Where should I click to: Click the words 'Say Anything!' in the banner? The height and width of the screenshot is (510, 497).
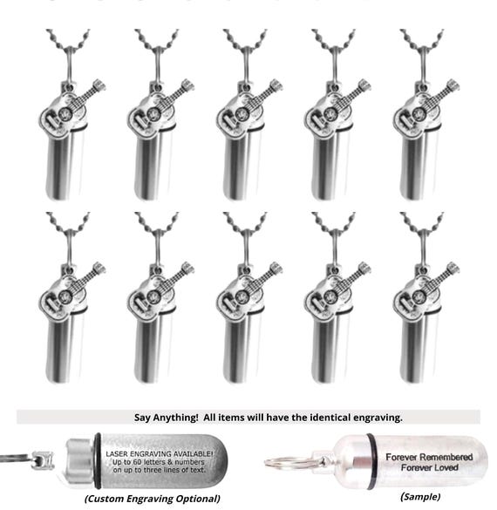159,416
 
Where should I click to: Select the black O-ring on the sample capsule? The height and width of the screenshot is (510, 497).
371,459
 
